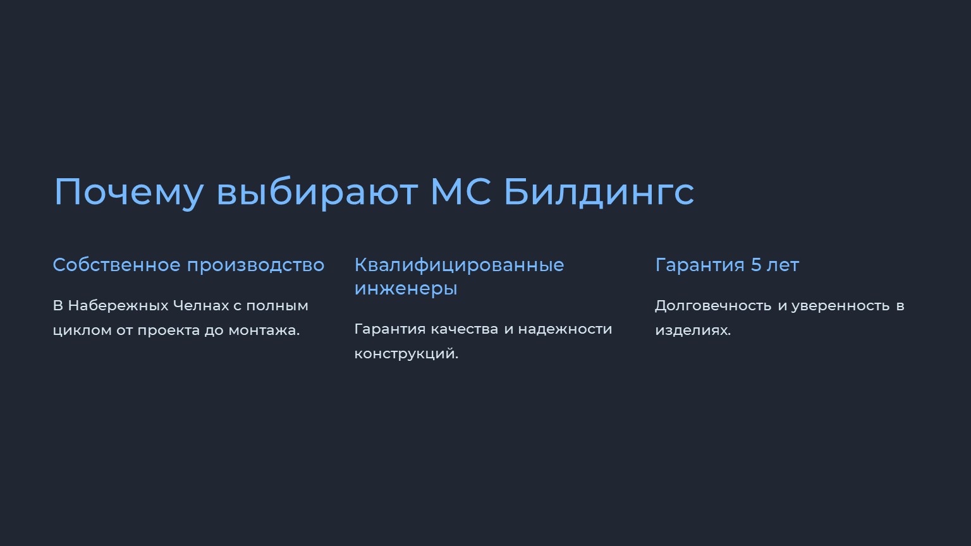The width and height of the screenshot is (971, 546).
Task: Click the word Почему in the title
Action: point(128,193)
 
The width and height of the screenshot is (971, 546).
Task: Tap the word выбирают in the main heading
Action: point(317,191)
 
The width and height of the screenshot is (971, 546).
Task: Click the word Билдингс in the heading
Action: point(599,192)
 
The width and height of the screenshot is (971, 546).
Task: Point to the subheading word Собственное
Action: point(116,265)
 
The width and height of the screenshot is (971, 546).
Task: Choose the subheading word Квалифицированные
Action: point(460,265)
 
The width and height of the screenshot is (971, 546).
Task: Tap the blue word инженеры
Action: point(406,289)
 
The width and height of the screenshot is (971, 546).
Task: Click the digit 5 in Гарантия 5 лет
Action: point(756,265)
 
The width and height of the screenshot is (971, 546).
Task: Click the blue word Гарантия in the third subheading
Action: point(700,265)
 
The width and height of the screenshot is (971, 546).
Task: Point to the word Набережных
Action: point(118,306)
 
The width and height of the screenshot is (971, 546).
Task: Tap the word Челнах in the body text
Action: point(201,306)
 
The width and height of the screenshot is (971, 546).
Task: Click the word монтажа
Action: point(264,331)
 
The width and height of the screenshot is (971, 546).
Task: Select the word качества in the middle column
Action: point(464,329)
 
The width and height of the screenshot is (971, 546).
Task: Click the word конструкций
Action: point(406,354)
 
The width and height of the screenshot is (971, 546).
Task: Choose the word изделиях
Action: point(693,331)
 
